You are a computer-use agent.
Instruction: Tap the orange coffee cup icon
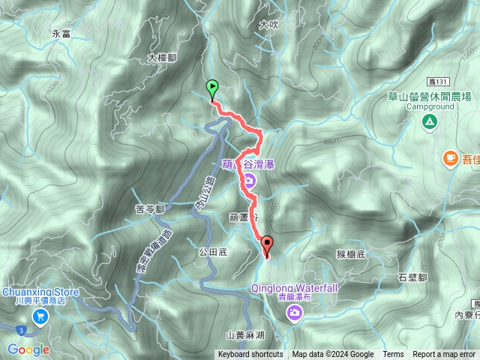coord(450,157)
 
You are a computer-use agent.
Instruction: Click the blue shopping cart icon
coord(38,316)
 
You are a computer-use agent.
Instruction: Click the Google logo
coord(28,349)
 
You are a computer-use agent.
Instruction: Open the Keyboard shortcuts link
coord(250,355)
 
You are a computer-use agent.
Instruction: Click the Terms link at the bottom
coord(393,355)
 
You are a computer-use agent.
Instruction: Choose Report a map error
coord(444,355)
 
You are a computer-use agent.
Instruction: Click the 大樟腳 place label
coord(162,58)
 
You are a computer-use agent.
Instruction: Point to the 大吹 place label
coord(268,25)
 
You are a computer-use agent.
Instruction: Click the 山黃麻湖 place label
coord(244,337)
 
